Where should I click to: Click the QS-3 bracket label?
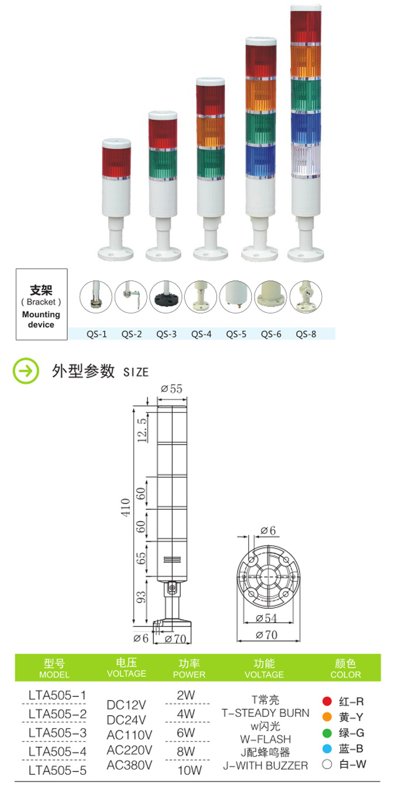tap(167, 334)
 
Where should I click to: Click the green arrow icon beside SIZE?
tap(26, 371)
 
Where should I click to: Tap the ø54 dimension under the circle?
tap(266, 619)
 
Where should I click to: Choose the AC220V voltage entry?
tap(130, 750)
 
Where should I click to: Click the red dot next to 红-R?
tap(327, 701)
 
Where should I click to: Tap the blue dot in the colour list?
tap(327, 748)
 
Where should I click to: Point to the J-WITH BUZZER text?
tap(265, 766)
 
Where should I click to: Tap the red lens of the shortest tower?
tap(116, 159)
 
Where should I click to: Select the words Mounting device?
tap(41, 319)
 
